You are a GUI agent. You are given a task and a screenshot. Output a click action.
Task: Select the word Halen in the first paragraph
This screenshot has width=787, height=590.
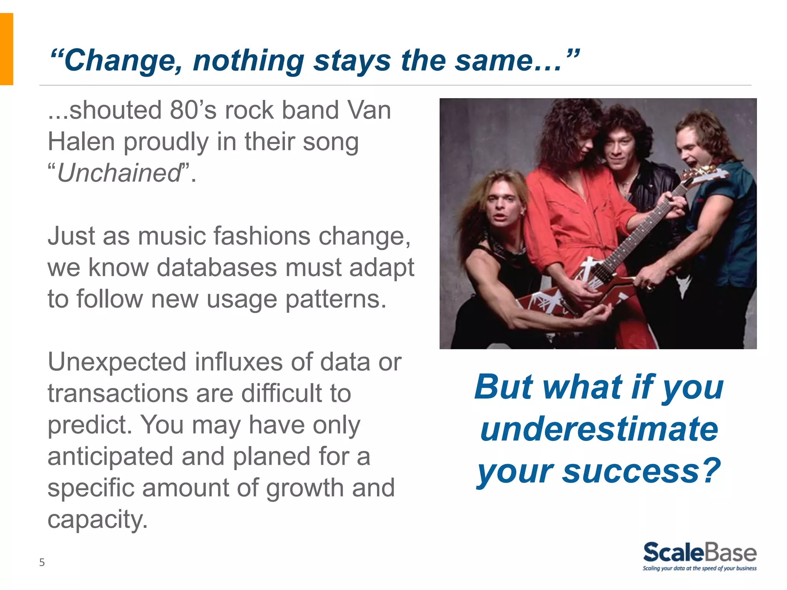point(81,142)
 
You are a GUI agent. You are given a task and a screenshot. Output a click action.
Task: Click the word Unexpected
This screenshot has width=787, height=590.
point(116,362)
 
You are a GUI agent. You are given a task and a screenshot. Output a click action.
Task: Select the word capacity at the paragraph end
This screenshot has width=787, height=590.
point(97,520)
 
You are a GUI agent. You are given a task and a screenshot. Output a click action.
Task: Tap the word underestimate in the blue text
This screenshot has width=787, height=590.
point(599,429)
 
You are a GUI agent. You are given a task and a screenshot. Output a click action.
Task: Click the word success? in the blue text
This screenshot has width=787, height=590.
point(641,471)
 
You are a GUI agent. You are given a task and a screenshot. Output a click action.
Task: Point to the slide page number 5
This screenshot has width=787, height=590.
point(42,562)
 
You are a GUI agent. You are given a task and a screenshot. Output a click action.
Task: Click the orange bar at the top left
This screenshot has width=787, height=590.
point(7,49)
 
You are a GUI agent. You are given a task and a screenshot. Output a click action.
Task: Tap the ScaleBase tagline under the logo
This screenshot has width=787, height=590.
point(699,568)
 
